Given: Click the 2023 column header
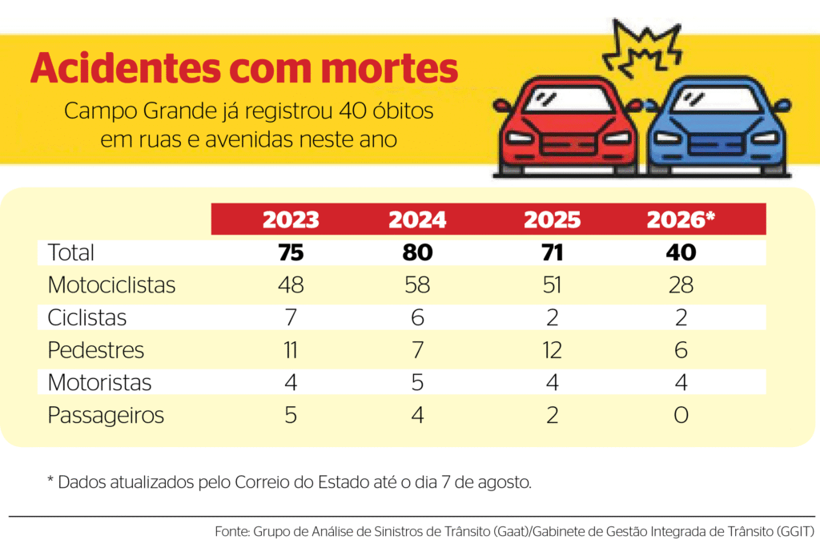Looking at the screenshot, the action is pyautogui.click(x=291, y=220).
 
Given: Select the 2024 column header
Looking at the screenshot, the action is pyautogui.click(x=417, y=220).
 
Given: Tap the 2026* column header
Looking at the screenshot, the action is pyautogui.click(x=681, y=220).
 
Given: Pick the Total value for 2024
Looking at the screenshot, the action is pyautogui.click(x=417, y=252).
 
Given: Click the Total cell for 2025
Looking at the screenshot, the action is pyautogui.click(x=553, y=252).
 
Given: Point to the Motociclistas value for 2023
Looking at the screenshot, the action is pyautogui.click(x=291, y=285).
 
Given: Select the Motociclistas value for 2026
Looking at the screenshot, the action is pyautogui.click(x=681, y=285).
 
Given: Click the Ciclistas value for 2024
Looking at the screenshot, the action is pyautogui.click(x=417, y=317).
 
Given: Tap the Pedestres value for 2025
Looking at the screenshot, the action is pyautogui.click(x=553, y=350).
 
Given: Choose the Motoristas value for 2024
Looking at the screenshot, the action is pyautogui.click(x=417, y=382).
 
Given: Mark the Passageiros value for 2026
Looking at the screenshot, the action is pyautogui.click(x=681, y=415).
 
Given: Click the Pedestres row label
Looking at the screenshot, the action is pyautogui.click(x=96, y=350).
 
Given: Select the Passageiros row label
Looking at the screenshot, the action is pyautogui.click(x=106, y=416).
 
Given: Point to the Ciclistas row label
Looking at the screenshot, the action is pyautogui.click(x=86, y=317).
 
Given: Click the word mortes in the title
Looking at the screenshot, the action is pyautogui.click(x=390, y=69).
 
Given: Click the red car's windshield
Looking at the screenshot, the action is pyautogui.click(x=569, y=99).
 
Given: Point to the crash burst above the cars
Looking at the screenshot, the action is pyautogui.click(x=642, y=49).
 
